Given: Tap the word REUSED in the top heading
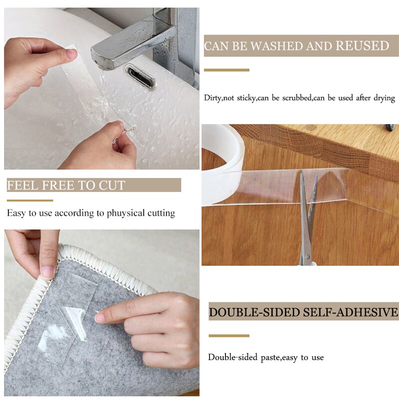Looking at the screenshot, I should (x=362, y=46).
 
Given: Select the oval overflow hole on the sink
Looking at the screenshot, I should (x=140, y=76).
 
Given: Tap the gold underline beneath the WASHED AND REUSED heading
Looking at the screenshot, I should (x=226, y=70).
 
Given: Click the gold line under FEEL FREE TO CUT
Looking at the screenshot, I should (x=30, y=200).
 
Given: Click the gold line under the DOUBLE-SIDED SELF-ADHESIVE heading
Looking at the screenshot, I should (x=228, y=336).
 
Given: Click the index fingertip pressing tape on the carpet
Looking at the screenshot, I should (x=100, y=317).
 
